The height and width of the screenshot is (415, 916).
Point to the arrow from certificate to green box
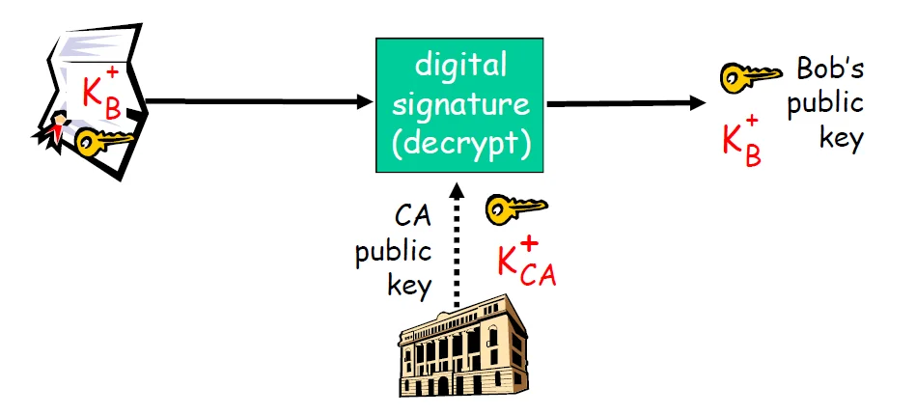[261, 101]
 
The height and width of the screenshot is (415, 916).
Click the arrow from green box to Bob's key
[627, 101]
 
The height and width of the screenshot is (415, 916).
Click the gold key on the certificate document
[102, 142]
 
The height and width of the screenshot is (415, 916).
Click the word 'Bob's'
[829, 69]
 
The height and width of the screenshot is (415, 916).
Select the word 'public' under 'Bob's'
[825, 103]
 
